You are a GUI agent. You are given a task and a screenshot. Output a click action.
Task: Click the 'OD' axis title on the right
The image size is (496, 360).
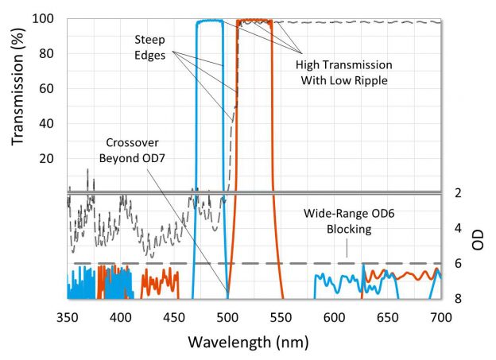click(478, 241)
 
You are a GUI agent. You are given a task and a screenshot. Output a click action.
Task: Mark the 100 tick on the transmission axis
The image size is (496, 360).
click(43, 18)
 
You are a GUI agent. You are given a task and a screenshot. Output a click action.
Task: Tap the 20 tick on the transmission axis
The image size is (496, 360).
click(46, 158)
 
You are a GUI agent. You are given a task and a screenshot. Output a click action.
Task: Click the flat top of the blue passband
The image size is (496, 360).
click(210, 21)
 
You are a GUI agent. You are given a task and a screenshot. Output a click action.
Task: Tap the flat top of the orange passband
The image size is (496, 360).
click(255, 21)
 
